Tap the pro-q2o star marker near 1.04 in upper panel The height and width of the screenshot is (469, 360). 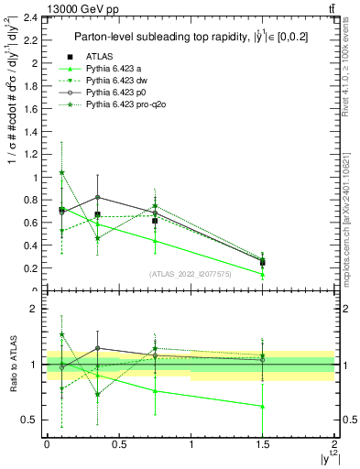[x=61, y=172]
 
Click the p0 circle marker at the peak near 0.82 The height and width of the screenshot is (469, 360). [x=98, y=197]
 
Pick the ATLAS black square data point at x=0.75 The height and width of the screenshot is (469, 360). [x=155, y=221]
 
